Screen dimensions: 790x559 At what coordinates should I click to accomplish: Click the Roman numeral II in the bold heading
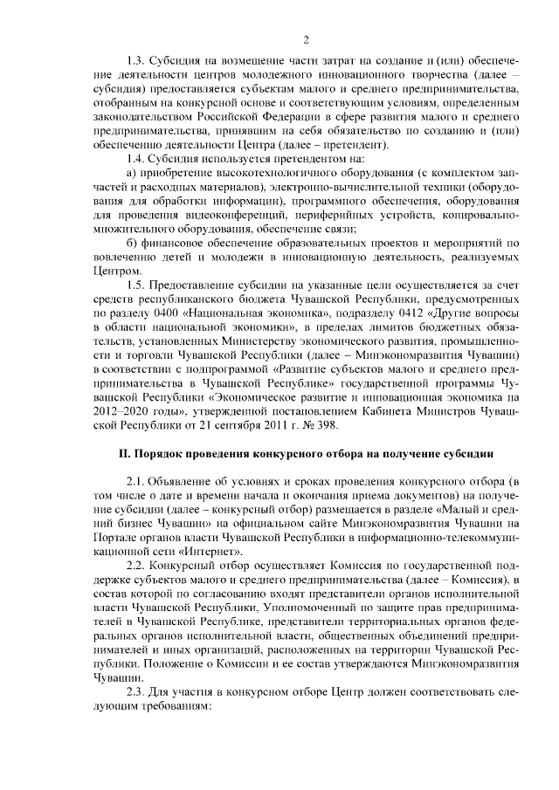124,454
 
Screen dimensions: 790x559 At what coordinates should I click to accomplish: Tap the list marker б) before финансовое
132,242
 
